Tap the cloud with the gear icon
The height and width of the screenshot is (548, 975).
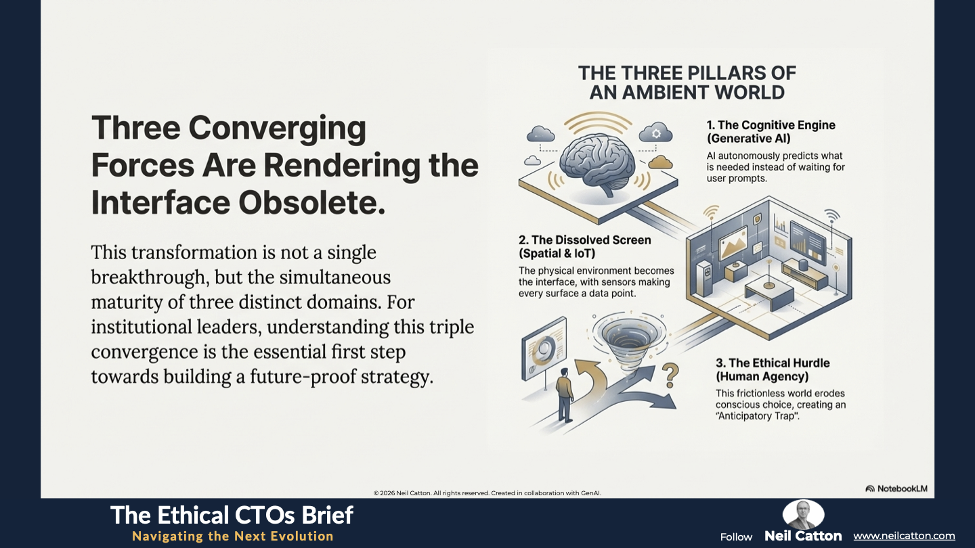pyautogui.click(x=655, y=133)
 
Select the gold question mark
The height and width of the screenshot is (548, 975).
pyautogui.click(x=670, y=375)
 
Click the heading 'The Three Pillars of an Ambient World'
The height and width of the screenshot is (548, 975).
pyautogui.click(x=687, y=83)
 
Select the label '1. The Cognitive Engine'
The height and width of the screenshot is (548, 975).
pyautogui.click(x=771, y=125)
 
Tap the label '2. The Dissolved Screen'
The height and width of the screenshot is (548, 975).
pyautogui.click(x=584, y=240)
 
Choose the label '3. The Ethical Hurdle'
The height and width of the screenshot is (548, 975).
pyautogui.click(x=773, y=363)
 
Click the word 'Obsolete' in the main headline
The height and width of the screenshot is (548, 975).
pyautogui.click(x=311, y=203)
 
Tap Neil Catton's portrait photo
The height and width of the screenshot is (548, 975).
pyautogui.click(x=804, y=514)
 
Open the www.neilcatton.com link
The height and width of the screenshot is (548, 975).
pyautogui.click(x=904, y=536)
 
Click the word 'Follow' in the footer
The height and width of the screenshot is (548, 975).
pyautogui.click(x=736, y=537)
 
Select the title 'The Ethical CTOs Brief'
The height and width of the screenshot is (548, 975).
pyautogui.click(x=232, y=516)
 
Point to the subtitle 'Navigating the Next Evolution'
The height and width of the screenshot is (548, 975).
pyautogui.click(x=233, y=536)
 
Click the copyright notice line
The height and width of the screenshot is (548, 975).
pyautogui.click(x=487, y=493)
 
